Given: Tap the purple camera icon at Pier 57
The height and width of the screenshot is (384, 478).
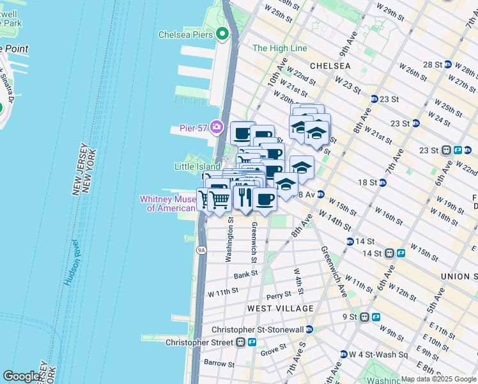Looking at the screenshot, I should pos(217,127).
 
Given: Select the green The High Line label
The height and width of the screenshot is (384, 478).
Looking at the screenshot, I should pos(279,48).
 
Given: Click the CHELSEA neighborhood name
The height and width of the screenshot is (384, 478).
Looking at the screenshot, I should pos(330,66).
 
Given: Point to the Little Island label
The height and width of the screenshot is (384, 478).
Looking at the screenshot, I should pos(197,166).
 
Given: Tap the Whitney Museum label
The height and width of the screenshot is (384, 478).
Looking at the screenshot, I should pos(168,204).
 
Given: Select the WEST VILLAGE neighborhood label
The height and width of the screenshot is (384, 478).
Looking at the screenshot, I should pos(281,308).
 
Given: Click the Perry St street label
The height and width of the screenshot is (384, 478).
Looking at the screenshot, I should pos(279,296).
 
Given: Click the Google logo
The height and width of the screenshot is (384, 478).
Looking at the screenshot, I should pos(22,376).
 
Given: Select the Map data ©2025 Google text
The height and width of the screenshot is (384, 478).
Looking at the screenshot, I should pos(438,379).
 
